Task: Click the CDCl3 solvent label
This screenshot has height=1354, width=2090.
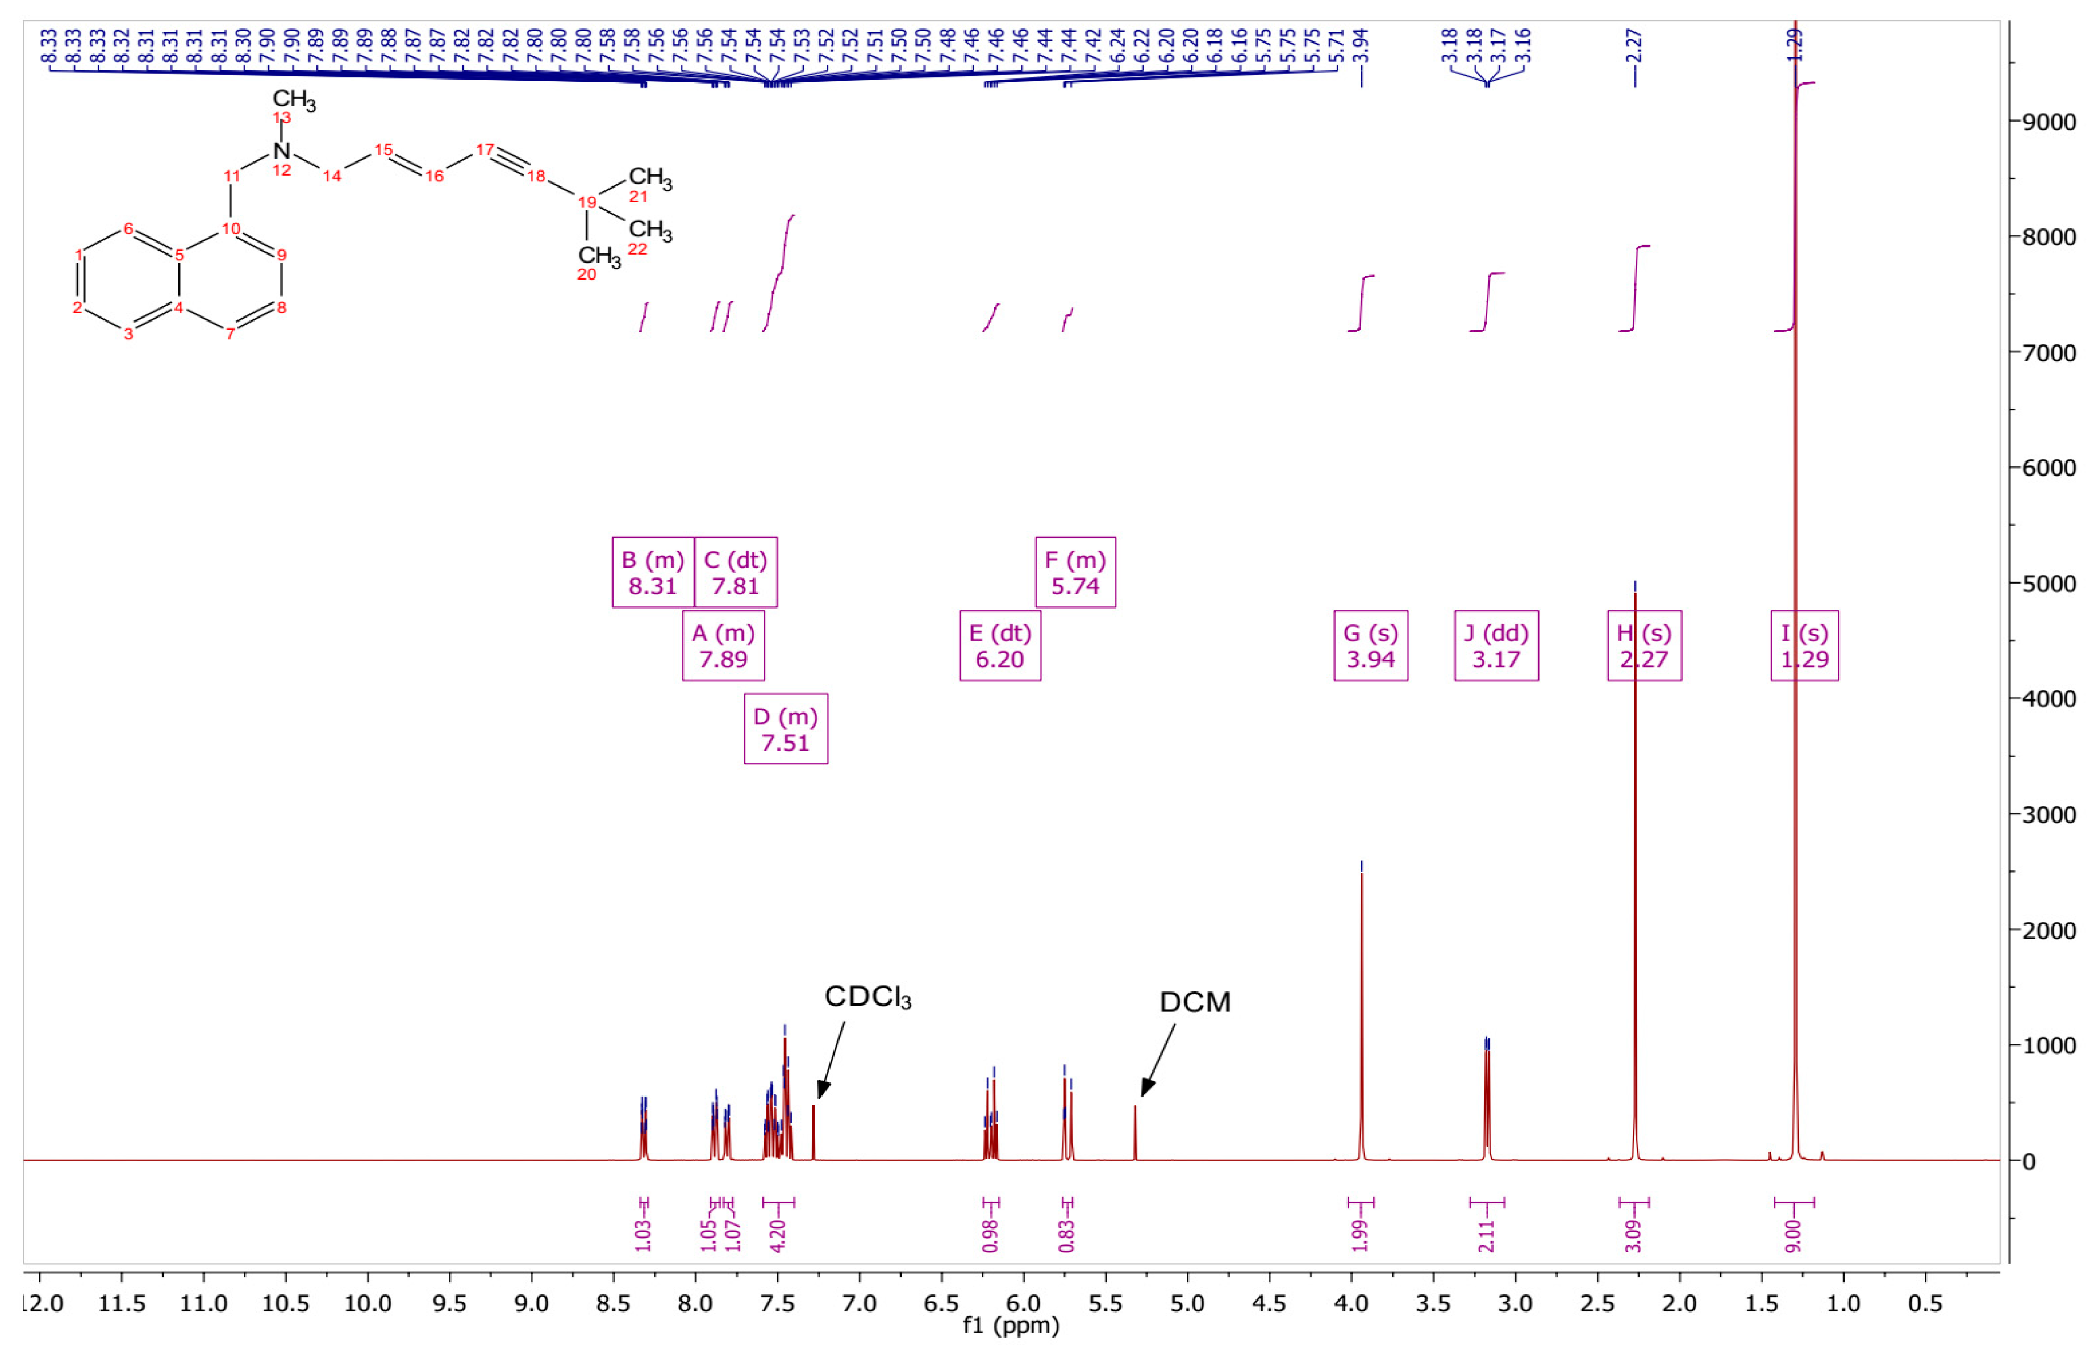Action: [x=867, y=997]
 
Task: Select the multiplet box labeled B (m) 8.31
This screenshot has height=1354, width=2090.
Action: [x=653, y=573]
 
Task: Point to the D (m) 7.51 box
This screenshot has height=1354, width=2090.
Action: [x=785, y=729]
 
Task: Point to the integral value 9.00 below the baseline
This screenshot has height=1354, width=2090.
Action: [x=1793, y=1235]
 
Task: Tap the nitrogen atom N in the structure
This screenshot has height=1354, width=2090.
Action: [x=281, y=150]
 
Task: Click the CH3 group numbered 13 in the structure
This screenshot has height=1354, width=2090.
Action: [x=293, y=99]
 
